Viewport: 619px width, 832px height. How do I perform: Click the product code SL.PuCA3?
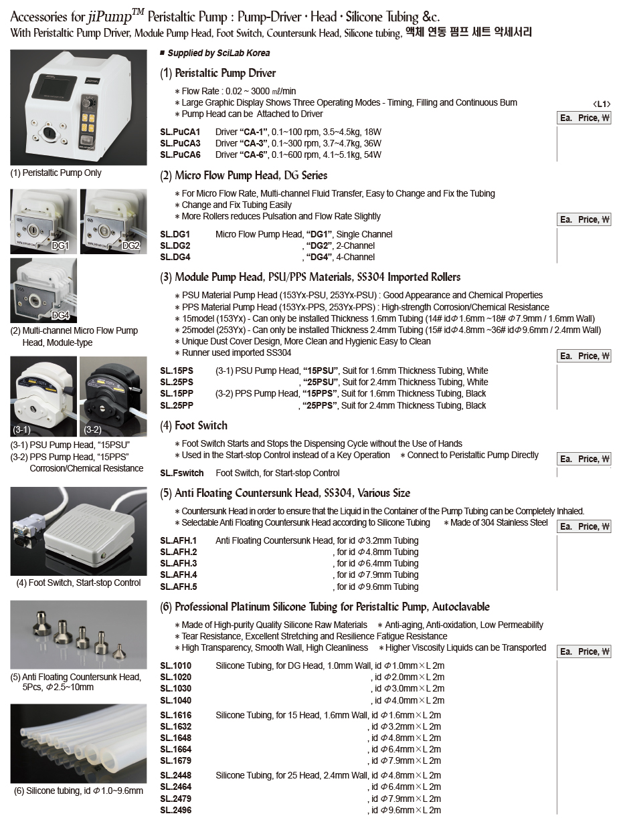[x=180, y=143]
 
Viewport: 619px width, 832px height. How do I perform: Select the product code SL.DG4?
[x=175, y=257]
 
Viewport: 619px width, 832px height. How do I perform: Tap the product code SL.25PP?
[x=177, y=405]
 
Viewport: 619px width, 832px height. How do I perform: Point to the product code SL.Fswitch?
[x=182, y=473]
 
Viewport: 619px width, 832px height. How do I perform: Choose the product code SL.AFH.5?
[x=179, y=587]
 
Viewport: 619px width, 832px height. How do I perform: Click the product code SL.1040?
[x=175, y=700]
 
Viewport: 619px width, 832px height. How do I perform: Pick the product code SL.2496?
[x=175, y=810]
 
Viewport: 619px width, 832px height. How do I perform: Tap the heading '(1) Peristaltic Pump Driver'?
[x=218, y=73]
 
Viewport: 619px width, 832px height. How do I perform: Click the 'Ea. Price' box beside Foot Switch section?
[x=584, y=459]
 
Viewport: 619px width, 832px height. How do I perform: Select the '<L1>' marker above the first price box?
[x=602, y=104]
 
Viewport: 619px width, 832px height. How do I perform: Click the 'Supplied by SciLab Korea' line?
[x=219, y=53]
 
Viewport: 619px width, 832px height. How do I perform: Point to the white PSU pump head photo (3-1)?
[x=43, y=396]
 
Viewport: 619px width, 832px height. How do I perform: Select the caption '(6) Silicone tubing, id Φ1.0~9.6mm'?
[x=78, y=791]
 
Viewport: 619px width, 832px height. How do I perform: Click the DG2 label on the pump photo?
[x=130, y=245]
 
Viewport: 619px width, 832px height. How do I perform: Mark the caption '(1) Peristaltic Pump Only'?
[x=56, y=173]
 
